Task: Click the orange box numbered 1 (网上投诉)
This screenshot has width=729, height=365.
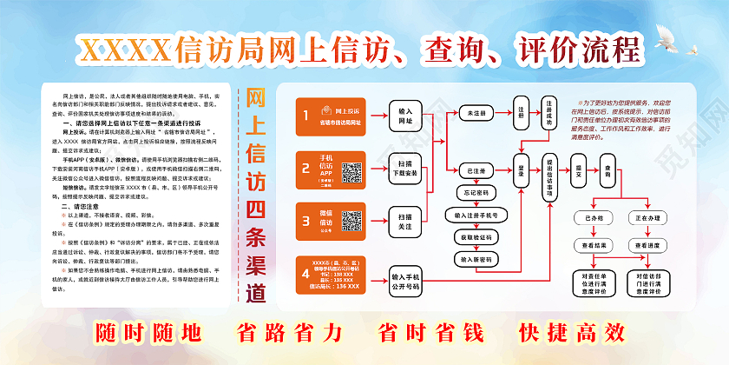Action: coord(329,116)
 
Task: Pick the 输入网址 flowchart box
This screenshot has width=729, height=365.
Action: coord(405,116)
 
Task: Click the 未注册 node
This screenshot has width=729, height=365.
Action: coord(476,114)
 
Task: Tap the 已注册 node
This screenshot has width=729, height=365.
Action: coord(476,169)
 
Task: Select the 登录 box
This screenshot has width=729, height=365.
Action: coord(521,165)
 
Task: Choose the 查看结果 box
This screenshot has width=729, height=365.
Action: coord(594,246)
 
